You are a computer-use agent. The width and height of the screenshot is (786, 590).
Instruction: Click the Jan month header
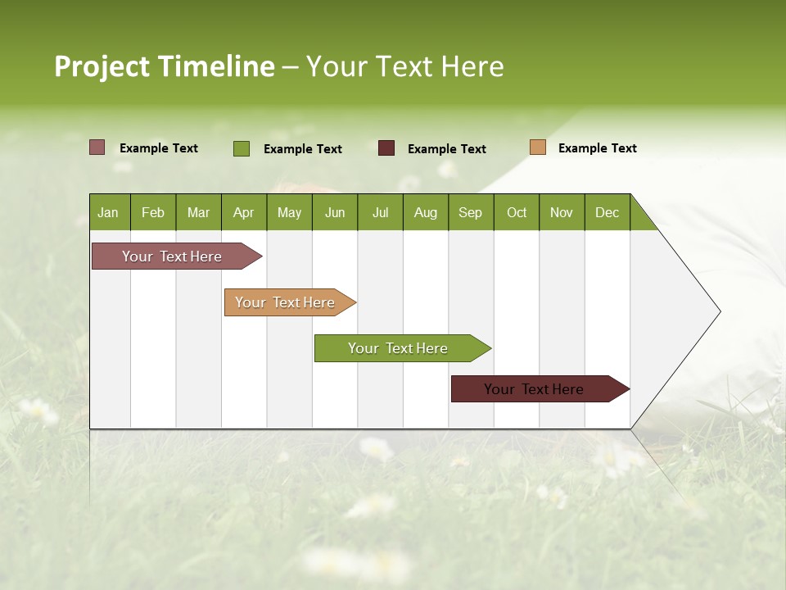[x=109, y=212]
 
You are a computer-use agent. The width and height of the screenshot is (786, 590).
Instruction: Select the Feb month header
[x=153, y=212]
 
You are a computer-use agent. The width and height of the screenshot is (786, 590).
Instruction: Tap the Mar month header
[x=198, y=212]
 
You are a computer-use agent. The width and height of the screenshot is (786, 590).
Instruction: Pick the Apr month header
[x=244, y=212]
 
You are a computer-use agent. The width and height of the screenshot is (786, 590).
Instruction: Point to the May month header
[x=289, y=212]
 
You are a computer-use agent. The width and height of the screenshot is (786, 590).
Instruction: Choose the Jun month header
[x=335, y=212]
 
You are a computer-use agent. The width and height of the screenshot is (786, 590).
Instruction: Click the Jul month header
[x=380, y=212]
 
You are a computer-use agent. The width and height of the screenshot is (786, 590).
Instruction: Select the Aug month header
[x=426, y=212]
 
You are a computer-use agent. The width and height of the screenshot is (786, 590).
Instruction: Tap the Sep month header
[x=471, y=212]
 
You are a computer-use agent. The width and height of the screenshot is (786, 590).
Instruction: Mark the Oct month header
[x=517, y=212]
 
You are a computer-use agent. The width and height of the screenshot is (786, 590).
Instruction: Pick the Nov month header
[x=562, y=212]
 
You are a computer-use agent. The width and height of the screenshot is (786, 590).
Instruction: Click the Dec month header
[x=608, y=212]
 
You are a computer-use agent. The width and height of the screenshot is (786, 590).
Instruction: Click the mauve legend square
[x=97, y=147]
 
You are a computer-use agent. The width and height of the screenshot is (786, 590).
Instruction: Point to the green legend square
[x=242, y=148]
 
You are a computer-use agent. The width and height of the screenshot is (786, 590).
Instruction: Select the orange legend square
[x=538, y=147]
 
